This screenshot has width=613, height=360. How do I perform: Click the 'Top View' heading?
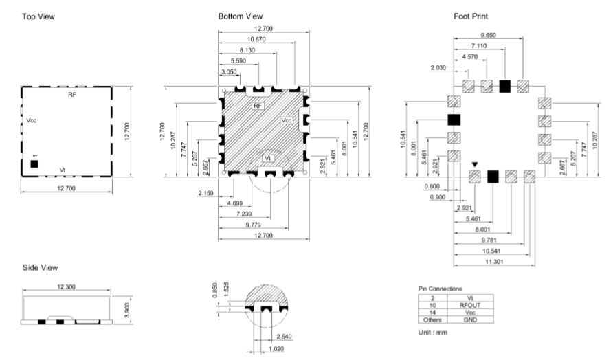pyautogui.click(x=38, y=16)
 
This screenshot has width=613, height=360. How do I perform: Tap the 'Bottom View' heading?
pyautogui.click(x=241, y=16)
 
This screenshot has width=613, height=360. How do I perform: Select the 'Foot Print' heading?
pyautogui.click(x=471, y=16)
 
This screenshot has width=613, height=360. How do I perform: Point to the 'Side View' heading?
pyautogui.click(x=41, y=268)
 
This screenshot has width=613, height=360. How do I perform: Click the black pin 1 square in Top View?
pyautogui.click(x=34, y=164)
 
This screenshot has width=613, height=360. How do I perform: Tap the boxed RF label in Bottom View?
pyautogui.click(x=258, y=106)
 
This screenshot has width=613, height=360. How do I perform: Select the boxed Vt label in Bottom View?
pyautogui.click(x=268, y=158)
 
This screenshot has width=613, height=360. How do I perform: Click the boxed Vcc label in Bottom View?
pyautogui.click(x=287, y=120)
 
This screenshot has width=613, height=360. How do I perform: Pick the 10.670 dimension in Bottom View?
pyautogui.click(x=256, y=39)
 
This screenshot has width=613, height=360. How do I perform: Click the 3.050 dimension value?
pyautogui.click(x=229, y=72)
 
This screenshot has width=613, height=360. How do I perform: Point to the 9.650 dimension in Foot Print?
pyautogui.click(x=489, y=35)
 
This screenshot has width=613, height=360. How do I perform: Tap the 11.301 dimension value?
pyautogui.click(x=494, y=262)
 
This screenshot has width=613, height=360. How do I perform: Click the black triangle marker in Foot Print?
pyautogui.click(x=475, y=165)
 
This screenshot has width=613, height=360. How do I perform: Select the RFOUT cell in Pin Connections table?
pyautogui.click(x=470, y=305)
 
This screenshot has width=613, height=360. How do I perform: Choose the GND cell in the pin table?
pyautogui.click(x=470, y=319)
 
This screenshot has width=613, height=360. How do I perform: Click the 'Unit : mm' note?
pyautogui.click(x=433, y=333)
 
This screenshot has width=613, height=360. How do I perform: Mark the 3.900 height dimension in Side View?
pyautogui.click(x=126, y=310)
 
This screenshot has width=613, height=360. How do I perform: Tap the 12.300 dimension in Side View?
pyautogui.click(x=66, y=287)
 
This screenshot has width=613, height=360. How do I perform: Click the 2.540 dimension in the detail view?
pyautogui.click(x=284, y=337)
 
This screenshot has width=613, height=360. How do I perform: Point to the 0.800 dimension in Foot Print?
pyautogui.click(x=432, y=186)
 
